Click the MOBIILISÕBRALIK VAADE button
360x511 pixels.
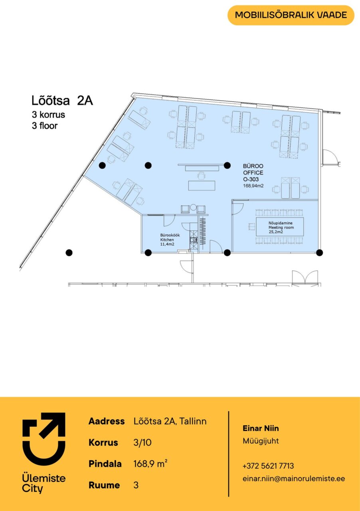click(x=291, y=15)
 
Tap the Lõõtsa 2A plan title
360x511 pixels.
click(x=62, y=101)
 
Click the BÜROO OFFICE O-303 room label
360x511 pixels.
click(x=253, y=172)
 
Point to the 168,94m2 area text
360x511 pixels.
click(x=253, y=186)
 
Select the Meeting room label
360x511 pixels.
click(x=281, y=228)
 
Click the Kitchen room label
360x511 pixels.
click(x=167, y=240)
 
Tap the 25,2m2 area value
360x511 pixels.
click(x=276, y=232)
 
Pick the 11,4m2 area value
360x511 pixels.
click(x=167, y=244)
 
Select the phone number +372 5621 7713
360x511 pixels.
click(x=268, y=465)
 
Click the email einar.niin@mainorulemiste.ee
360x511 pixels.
click(x=294, y=478)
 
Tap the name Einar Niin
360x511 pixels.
click(x=261, y=428)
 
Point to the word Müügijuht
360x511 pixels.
click(x=261, y=441)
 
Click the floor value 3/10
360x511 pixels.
click(x=142, y=442)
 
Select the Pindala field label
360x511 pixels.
click(x=105, y=464)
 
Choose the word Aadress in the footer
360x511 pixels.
click(x=107, y=421)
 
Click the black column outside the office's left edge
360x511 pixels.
click(x=69, y=253)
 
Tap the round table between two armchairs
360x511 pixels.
click(x=193, y=207)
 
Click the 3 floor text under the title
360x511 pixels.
click(x=45, y=126)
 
